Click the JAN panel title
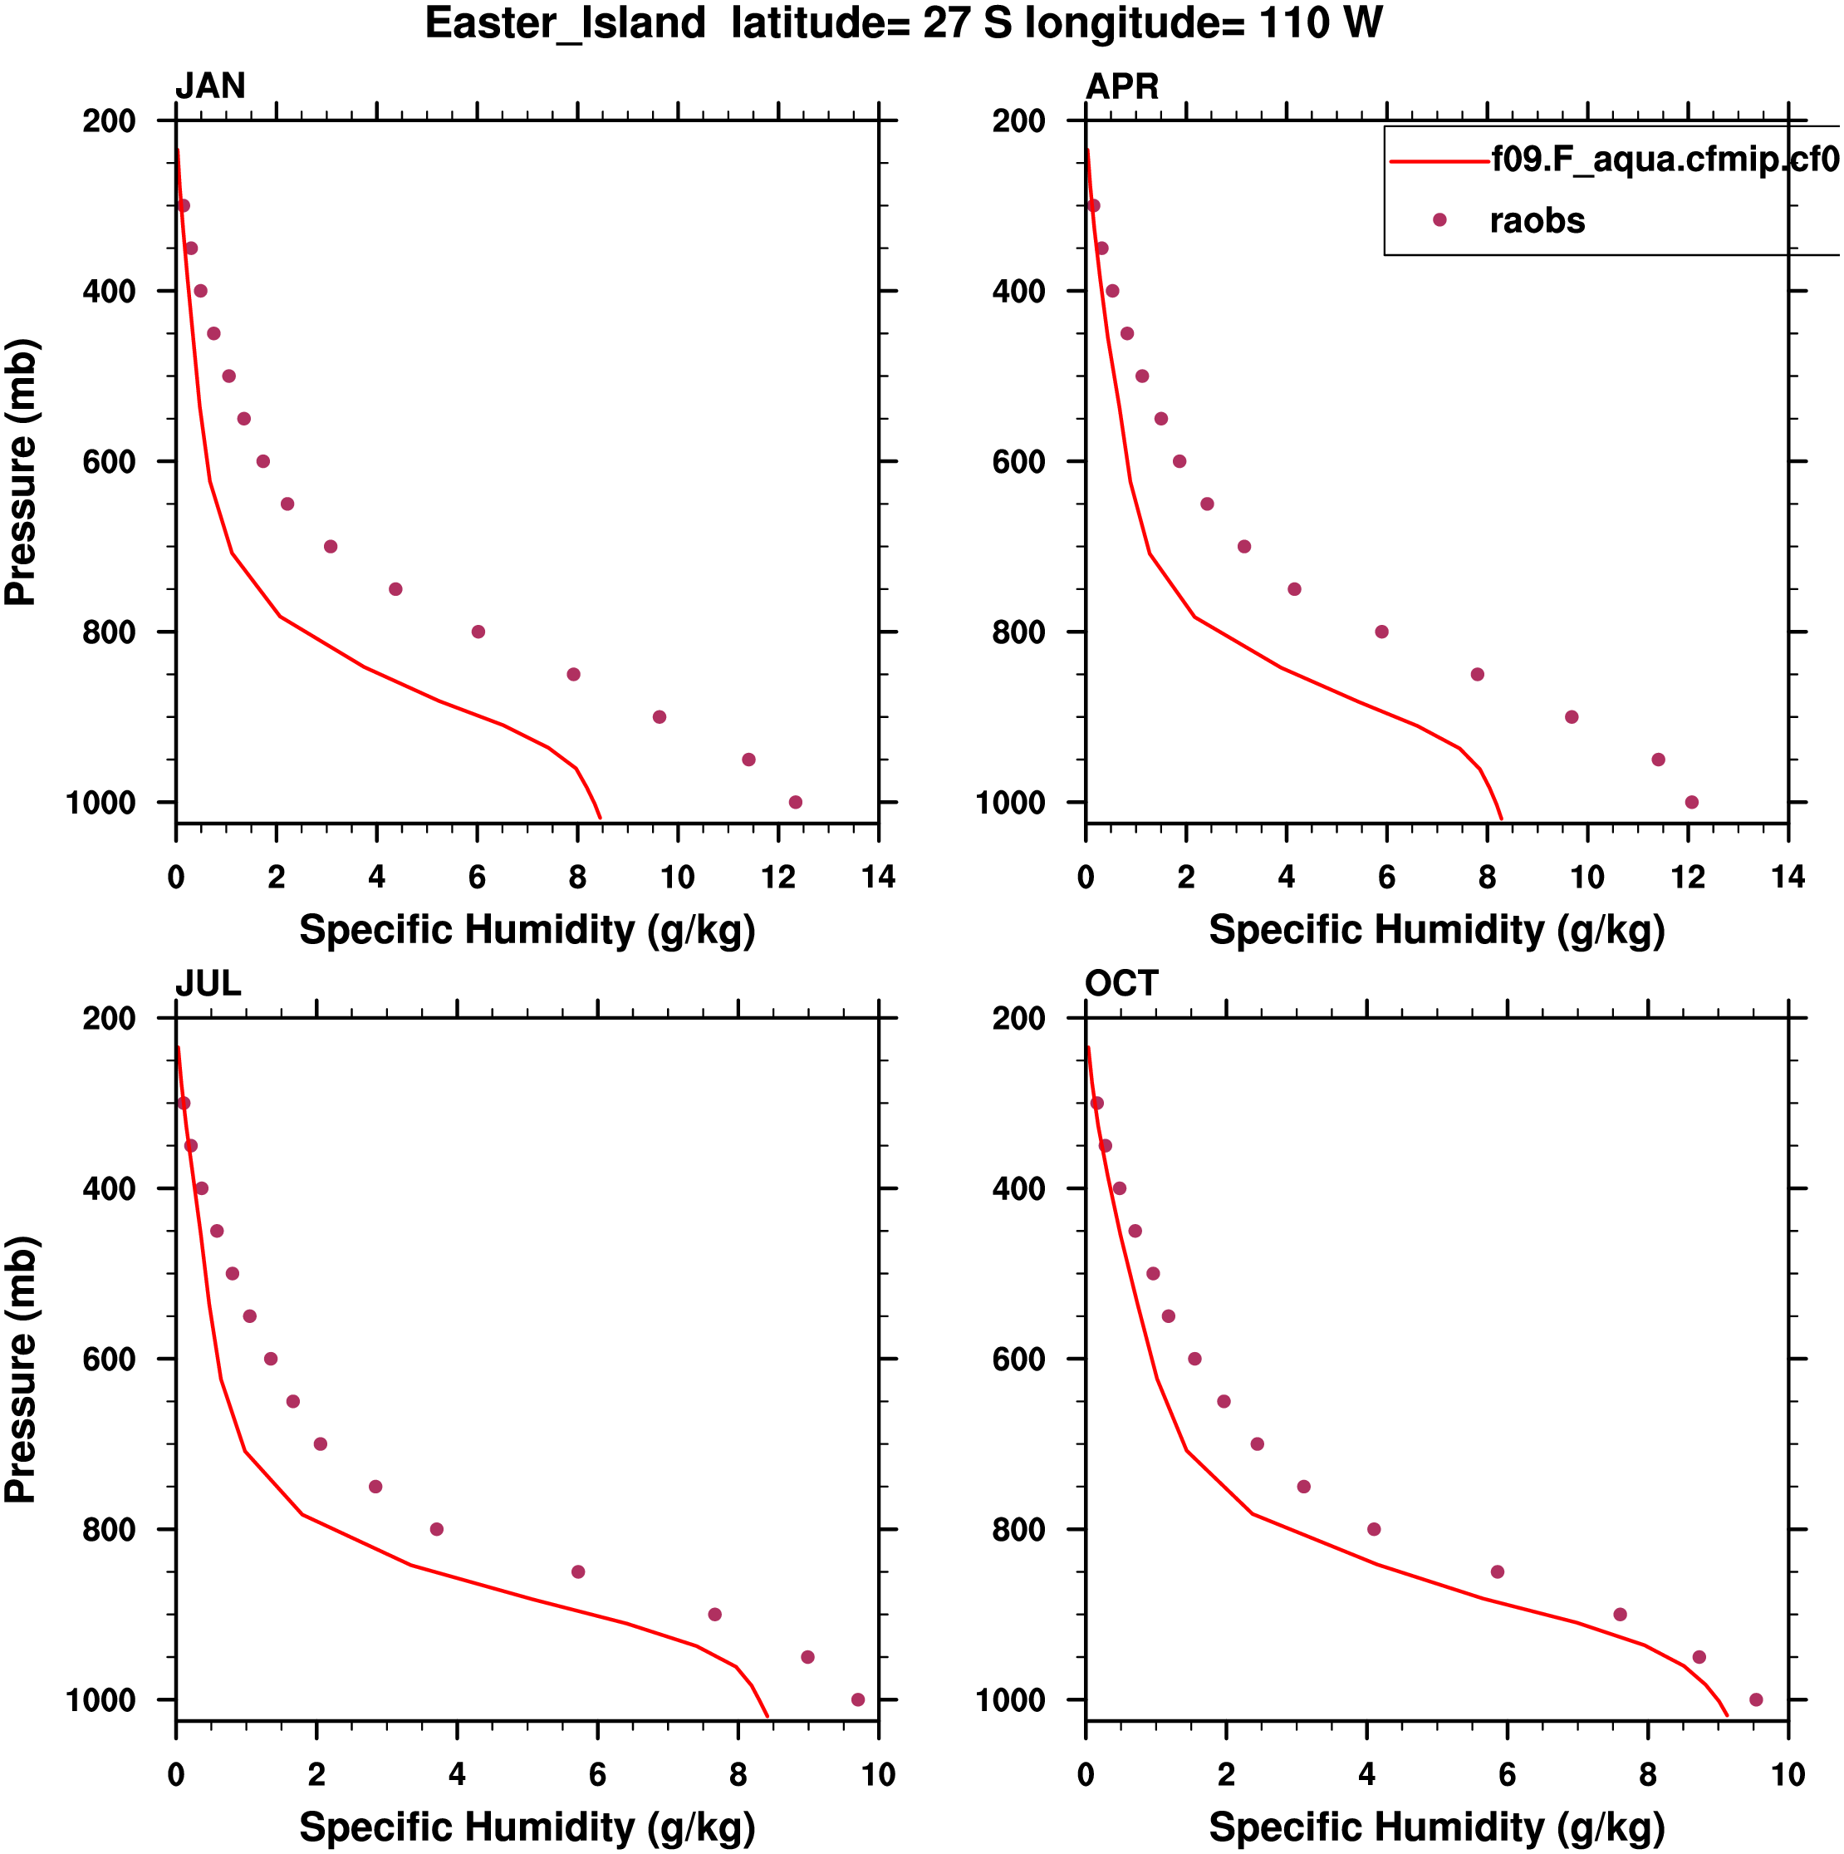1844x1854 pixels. (x=210, y=86)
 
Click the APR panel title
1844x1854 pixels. (x=1121, y=86)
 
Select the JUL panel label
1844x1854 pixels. (x=207, y=984)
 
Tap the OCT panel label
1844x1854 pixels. (x=1121, y=984)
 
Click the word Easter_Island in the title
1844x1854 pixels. (x=565, y=23)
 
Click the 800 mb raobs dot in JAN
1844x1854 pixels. (x=478, y=632)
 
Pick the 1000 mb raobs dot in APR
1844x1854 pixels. (x=1690, y=802)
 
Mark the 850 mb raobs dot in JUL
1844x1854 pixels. (x=577, y=1572)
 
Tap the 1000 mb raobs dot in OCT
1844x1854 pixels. (x=1756, y=1699)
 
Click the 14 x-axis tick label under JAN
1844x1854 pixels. (x=878, y=877)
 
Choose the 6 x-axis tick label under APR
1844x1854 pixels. (x=1386, y=877)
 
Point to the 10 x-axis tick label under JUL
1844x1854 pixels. (x=878, y=1774)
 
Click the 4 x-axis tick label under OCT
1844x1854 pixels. (x=1366, y=1774)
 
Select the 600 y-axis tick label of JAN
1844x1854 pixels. (x=110, y=461)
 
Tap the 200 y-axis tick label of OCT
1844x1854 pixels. (x=1019, y=1018)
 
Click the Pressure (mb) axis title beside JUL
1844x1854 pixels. (x=21, y=1370)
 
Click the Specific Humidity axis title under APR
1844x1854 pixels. (x=1436, y=930)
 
